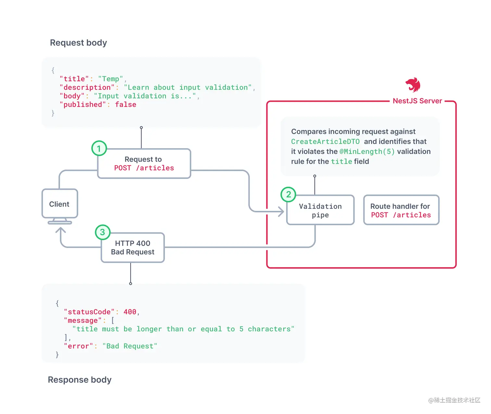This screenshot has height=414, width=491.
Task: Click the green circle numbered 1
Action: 99,148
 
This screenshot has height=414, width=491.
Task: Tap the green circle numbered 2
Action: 288,195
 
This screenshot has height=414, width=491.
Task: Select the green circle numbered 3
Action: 103,232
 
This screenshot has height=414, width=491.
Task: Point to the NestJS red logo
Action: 413,85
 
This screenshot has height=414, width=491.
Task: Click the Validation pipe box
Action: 320,210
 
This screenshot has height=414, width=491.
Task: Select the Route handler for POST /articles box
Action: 401,210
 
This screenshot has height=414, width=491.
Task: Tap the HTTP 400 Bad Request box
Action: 132,247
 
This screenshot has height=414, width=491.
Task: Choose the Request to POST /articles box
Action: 144,163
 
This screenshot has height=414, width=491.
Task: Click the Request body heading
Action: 78,43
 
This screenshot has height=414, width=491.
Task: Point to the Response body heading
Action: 80,380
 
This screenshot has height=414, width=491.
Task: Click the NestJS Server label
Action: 417,101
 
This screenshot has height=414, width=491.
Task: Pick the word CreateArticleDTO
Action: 325,142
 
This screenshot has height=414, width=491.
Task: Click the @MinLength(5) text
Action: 367,152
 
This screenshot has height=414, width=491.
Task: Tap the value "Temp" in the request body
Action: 110,79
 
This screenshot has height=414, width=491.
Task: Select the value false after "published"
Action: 126,104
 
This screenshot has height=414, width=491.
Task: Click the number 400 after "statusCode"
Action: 130,312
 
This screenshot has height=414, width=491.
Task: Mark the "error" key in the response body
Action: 78,346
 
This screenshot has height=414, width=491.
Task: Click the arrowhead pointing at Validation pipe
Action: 281,212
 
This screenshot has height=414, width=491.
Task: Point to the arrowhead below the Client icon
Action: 61,231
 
